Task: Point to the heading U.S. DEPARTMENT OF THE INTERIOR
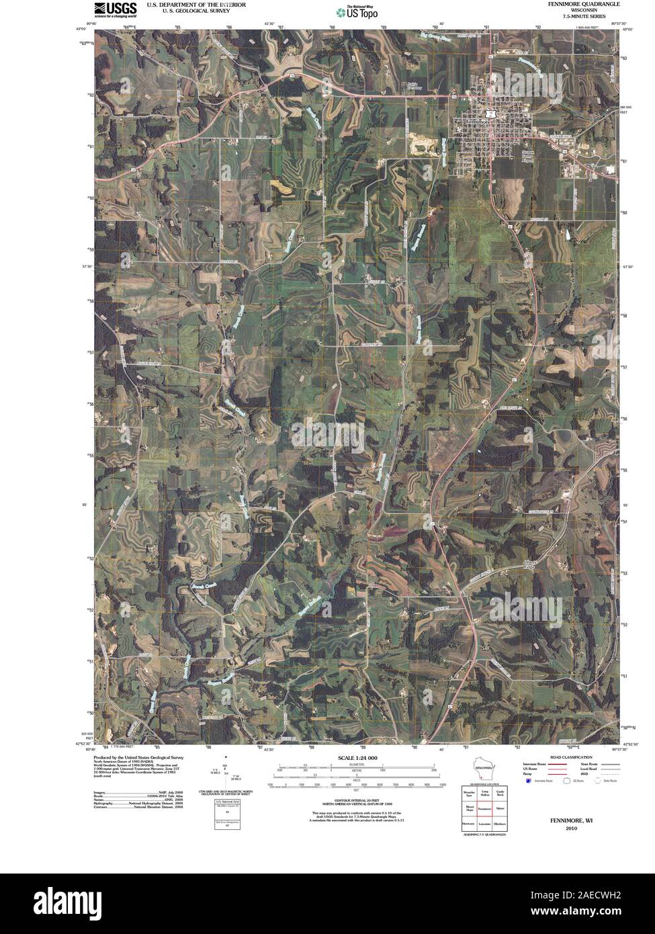(196, 4)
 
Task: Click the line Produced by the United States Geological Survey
(138, 757)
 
